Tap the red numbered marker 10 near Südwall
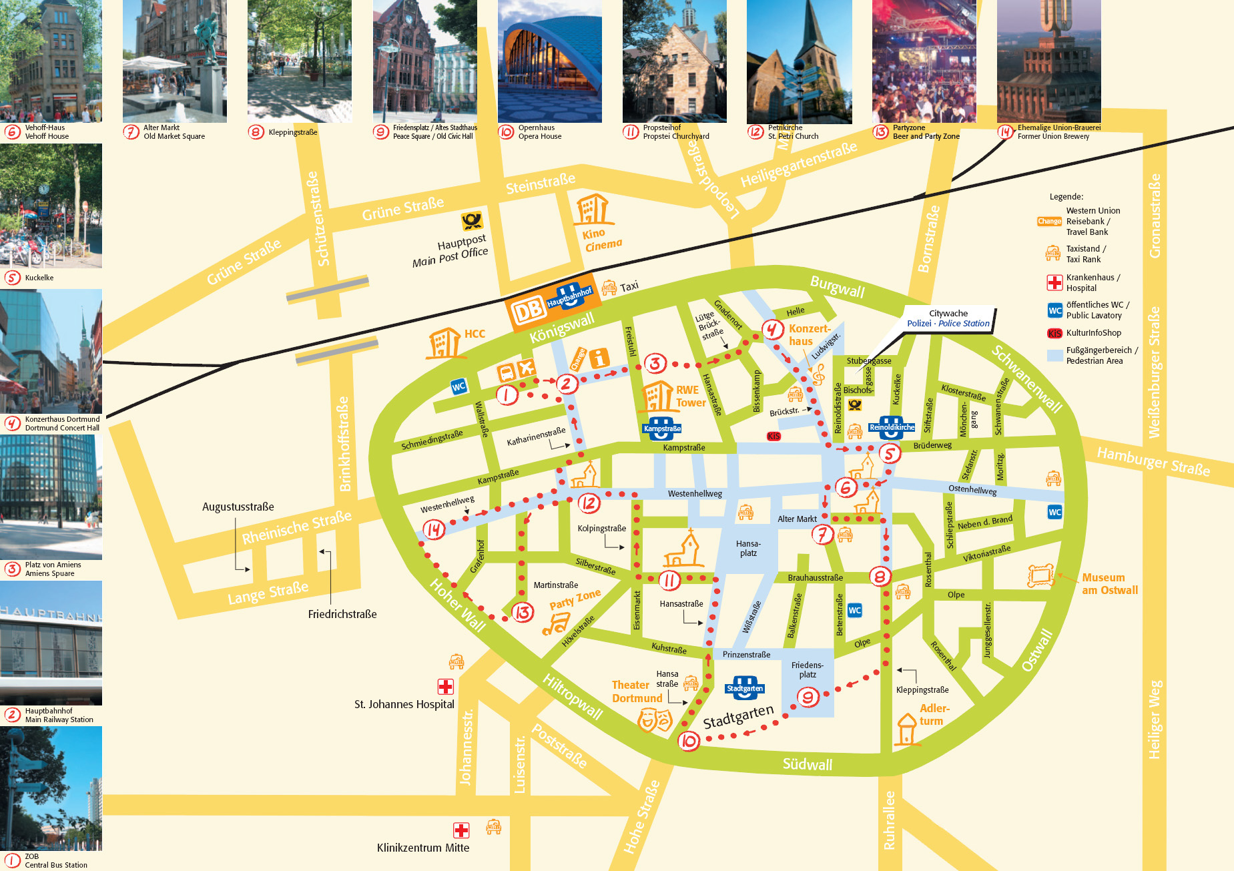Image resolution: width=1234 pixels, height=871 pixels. point(689,741)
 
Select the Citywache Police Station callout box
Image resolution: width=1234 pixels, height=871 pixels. point(948,318)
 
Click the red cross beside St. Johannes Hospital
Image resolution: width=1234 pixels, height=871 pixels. point(445,686)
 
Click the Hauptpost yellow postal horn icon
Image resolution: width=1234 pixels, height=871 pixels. point(472,220)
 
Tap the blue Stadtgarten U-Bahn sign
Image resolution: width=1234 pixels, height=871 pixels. point(744,688)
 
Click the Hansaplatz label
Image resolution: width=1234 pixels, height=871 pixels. point(748,549)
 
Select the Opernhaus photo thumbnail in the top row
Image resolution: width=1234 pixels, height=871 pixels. point(549,61)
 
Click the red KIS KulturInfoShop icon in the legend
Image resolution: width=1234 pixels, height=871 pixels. point(1054,333)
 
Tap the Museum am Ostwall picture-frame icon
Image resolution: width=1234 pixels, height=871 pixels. point(1040,575)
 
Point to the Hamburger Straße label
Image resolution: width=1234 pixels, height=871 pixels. point(1153,461)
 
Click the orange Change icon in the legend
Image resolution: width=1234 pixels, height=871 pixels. point(1049,221)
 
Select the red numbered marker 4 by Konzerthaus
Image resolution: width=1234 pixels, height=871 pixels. point(772,329)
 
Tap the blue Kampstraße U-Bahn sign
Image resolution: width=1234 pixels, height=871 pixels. point(661,428)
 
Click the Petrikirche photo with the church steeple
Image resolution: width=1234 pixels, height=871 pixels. point(799,61)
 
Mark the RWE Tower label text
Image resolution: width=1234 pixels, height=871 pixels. point(690,396)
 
